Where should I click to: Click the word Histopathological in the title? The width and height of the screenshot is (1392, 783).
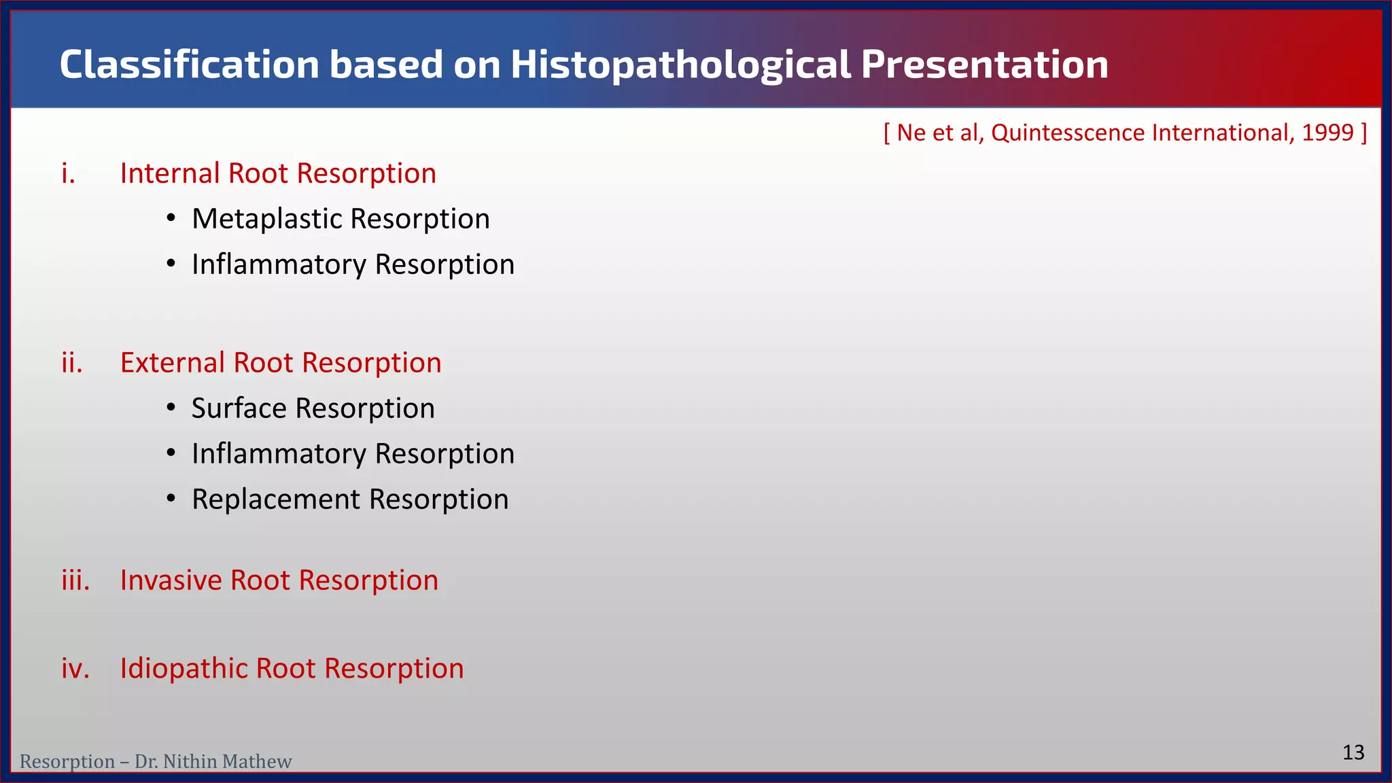680,65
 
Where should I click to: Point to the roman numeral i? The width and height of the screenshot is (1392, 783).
68,174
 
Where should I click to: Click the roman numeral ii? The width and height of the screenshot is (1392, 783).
72,363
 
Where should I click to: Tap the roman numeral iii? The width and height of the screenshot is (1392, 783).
75,580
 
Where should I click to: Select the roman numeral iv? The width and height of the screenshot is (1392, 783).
75,669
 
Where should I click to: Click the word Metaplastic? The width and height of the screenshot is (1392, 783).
266,220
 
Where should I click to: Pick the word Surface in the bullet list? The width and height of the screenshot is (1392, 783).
239,408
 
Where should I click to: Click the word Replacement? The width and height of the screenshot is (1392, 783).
276,500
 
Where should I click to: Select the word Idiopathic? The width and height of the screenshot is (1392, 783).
183,669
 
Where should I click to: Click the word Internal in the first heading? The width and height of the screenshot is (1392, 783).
170,174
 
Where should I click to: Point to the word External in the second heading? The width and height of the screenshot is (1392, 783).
173,363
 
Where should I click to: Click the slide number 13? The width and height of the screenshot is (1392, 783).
1353,752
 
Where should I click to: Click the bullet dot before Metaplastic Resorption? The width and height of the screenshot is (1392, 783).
171,219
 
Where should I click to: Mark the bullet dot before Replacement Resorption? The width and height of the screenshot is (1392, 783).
171,499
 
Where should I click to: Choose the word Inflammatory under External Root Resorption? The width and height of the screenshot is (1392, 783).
279,454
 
